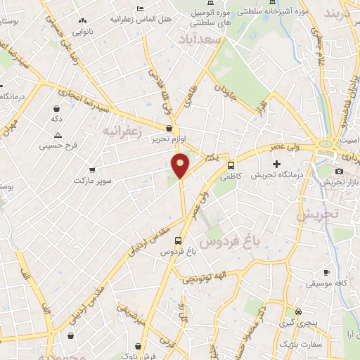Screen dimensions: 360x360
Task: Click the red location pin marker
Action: pyautogui.click(x=181, y=166)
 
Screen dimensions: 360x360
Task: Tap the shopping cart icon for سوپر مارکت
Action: pyautogui.click(x=92, y=170)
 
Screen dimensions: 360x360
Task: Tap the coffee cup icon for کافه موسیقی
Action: pyautogui.click(x=326, y=272)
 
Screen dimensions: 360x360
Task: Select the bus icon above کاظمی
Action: pyautogui.click(x=231, y=165)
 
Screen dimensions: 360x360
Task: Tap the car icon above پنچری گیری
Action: pyautogui.click(x=298, y=311)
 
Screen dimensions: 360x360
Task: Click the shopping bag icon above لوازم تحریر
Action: pyautogui.click(x=169, y=129)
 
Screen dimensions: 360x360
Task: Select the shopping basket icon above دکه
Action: pyautogui.click(x=56, y=109)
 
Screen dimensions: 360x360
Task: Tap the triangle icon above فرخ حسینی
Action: pyautogui.click(x=58, y=134)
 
